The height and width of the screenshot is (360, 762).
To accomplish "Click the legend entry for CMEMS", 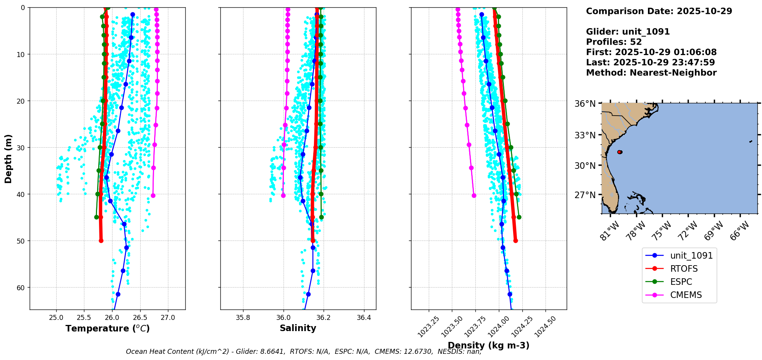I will coord(686,295).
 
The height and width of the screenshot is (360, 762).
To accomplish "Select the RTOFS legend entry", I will coord(684,269).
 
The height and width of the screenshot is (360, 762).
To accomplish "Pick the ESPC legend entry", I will coord(681,282).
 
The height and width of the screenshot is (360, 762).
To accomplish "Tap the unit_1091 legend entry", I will coord(691,256).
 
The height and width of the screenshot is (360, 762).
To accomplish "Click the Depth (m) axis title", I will coord(8,158).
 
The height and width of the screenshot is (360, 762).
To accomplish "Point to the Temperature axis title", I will coord(107,328).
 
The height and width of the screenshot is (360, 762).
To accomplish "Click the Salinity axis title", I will coord(298,328).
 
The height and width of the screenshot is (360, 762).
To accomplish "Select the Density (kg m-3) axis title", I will coord(488,345).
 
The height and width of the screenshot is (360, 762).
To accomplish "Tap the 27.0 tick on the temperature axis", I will coord(168,318).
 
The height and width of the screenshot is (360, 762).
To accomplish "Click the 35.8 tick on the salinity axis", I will coord(243,318).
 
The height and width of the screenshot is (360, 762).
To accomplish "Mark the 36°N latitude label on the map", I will coord(585,104).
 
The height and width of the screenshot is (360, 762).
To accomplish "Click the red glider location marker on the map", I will coord(619,152).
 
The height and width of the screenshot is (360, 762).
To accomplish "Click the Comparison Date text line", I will coord(659,11).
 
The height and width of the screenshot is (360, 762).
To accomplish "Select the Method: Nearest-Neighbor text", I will coord(651,72).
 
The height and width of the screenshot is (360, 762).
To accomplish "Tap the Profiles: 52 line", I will coord(614,42).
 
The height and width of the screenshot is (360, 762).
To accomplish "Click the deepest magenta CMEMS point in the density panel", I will coord(474,195).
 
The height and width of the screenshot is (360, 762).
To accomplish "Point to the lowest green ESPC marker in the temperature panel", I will coord(96,217).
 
